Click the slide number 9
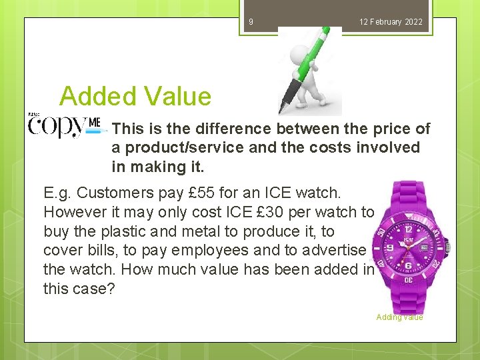[251, 22]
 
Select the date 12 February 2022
[390, 22]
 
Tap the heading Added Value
[135, 97]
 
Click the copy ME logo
[65, 125]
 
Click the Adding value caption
[399, 317]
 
